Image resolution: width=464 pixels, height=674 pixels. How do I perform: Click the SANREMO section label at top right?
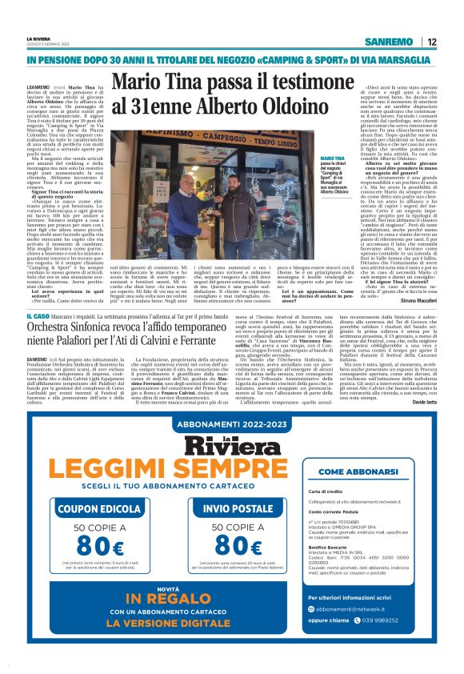point(388,42)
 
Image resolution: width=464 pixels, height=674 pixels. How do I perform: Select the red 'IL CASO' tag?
point(37,318)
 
